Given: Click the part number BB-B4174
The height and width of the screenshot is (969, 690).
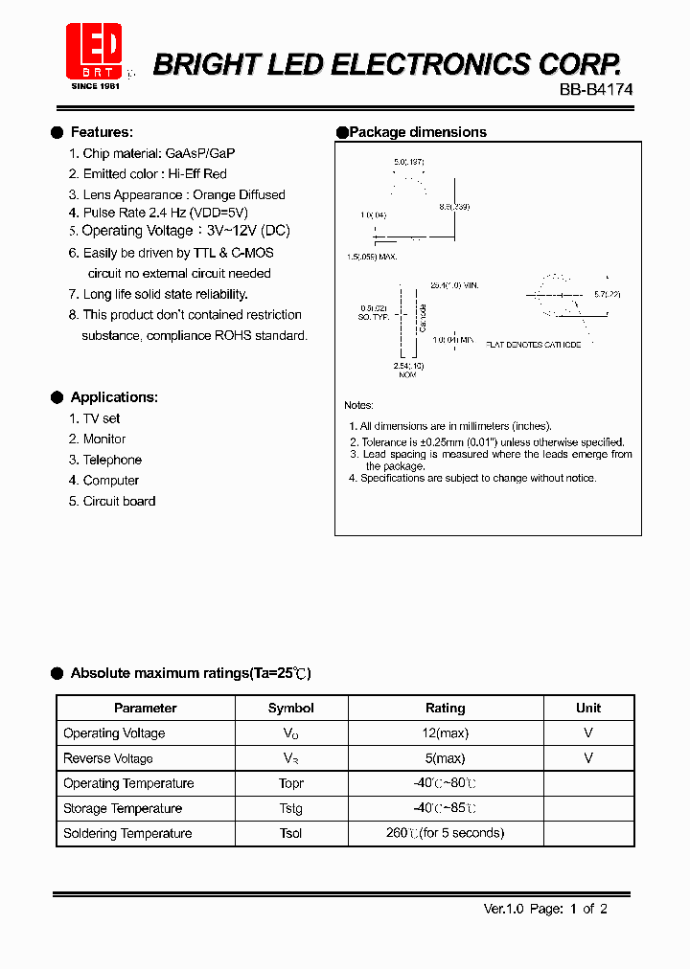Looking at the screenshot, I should pyautogui.click(x=596, y=88).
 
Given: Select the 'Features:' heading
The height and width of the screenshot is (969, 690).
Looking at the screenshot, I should pyautogui.click(x=102, y=132).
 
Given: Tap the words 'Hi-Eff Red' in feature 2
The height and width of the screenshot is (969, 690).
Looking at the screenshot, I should pyautogui.click(x=197, y=174).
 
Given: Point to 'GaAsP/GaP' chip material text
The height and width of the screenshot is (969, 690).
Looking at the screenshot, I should pyautogui.click(x=200, y=153).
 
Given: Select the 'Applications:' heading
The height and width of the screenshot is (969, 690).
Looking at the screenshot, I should pyautogui.click(x=114, y=397).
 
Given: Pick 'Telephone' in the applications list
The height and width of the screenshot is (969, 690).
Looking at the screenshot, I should pyautogui.click(x=112, y=460).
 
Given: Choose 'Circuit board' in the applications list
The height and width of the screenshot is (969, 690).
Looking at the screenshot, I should pyautogui.click(x=119, y=501).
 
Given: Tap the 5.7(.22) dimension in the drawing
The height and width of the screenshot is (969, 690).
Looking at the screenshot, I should pyautogui.click(x=607, y=294).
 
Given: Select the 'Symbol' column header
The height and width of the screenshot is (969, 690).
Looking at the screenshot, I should pyautogui.click(x=291, y=709).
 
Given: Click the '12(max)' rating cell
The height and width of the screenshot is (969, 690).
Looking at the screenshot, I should pyautogui.click(x=445, y=733).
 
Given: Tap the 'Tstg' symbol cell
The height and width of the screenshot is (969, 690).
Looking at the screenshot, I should pyautogui.click(x=291, y=808).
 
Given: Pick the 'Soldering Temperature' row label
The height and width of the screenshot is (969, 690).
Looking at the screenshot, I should pyautogui.click(x=127, y=833).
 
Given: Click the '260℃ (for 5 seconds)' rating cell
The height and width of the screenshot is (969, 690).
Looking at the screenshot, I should pyautogui.click(x=445, y=833).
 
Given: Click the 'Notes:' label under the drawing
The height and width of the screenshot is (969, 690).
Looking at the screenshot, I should pyautogui.click(x=359, y=406).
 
